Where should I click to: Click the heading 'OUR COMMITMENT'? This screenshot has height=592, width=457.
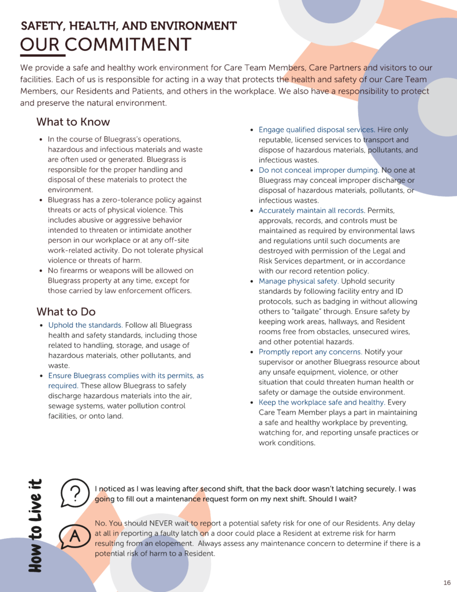(x=106, y=45)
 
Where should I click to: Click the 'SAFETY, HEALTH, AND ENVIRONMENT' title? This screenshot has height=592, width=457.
(x=128, y=26)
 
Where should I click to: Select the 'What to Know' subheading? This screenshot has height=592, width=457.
(x=73, y=122)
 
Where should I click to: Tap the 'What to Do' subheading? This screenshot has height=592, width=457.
(x=66, y=312)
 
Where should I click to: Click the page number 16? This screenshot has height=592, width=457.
(x=447, y=582)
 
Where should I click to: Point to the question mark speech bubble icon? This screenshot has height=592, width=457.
(x=75, y=493)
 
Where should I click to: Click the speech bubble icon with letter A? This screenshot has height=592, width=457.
(x=74, y=536)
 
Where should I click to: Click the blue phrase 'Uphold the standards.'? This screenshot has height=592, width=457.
(x=86, y=325)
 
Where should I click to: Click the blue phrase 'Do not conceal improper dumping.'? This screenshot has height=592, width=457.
(x=318, y=171)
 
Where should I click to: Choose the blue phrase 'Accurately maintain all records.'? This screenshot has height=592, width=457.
(x=311, y=210)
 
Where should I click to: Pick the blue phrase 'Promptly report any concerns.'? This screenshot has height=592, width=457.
(x=310, y=352)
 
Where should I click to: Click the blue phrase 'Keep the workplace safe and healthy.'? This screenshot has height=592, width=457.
(x=322, y=402)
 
